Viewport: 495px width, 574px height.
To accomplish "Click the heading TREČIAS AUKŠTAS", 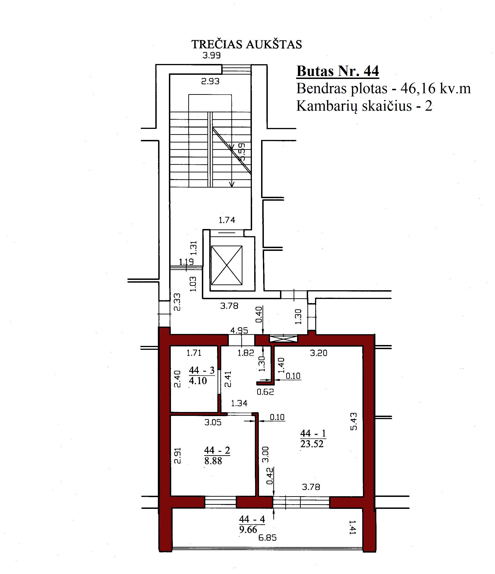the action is point(247,44).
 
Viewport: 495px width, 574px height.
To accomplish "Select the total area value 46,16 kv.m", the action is point(436,89).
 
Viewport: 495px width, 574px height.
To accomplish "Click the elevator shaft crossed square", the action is point(227,265).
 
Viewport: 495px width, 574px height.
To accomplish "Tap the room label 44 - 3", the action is point(202,370).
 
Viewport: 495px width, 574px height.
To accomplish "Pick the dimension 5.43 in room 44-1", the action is point(354,421).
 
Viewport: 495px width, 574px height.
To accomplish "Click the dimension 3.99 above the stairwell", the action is point(211,55).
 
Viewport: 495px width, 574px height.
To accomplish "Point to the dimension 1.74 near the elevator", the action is point(227,220).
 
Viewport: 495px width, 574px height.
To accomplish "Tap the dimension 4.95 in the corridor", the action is point(239,330).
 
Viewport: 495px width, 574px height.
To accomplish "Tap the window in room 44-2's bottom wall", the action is point(221,502).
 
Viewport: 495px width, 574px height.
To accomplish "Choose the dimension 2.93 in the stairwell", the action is point(210,81).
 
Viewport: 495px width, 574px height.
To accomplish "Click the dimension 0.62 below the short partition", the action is point(265,392).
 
